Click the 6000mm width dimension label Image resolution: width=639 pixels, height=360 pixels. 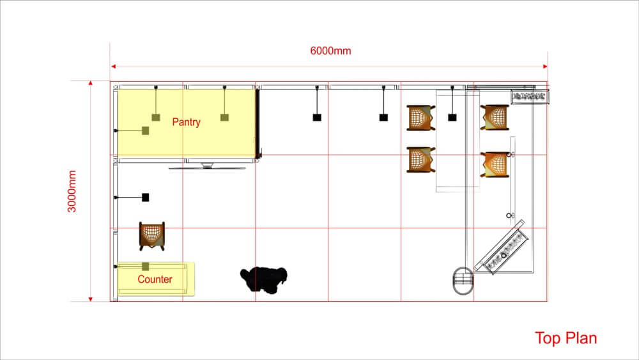(330, 51)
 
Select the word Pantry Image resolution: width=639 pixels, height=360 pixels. (186, 122)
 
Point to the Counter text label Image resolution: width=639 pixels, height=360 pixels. (155, 279)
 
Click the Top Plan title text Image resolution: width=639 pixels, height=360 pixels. (566, 338)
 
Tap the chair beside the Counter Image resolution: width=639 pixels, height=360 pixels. (152, 235)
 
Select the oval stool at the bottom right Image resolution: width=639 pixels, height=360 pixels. (463, 281)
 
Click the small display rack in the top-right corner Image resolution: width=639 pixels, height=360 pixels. (530, 97)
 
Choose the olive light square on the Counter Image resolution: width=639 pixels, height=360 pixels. (146, 267)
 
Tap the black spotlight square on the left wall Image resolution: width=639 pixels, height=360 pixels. (146, 198)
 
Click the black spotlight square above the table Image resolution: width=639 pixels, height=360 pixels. (452, 117)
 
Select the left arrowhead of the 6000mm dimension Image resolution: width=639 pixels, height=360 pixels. (114, 66)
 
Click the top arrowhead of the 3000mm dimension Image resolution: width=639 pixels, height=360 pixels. (91, 84)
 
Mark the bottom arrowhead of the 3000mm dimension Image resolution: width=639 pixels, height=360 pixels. (91, 299)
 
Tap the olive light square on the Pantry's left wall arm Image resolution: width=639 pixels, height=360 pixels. (146, 130)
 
